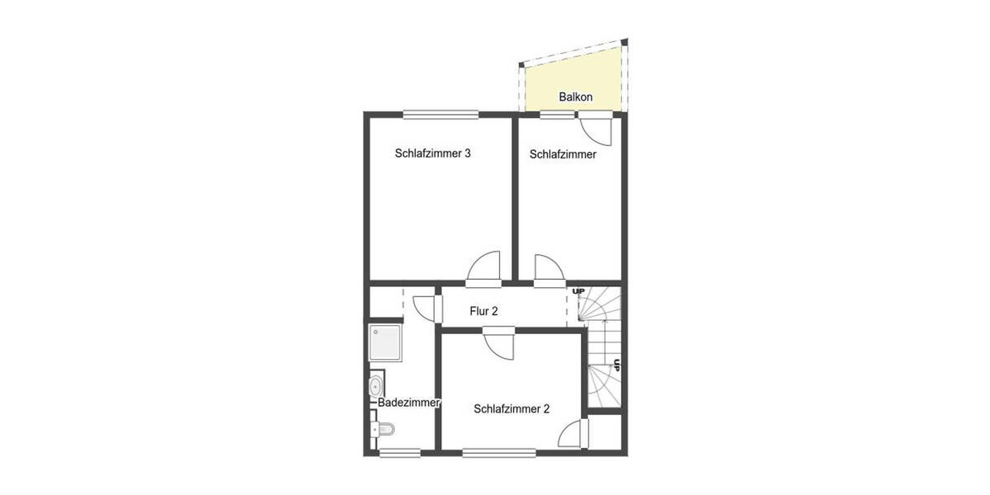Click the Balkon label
pyautogui.click(x=575, y=97)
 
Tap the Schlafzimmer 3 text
pyautogui.click(x=432, y=153)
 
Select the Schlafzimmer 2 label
pyautogui.click(x=511, y=408)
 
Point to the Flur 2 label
pyautogui.click(x=483, y=311)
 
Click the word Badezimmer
pyautogui.click(x=408, y=403)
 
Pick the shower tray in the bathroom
pyautogui.click(x=386, y=341)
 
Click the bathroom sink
pyautogui.click(x=376, y=385)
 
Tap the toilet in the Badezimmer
pyautogui.click(x=383, y=429)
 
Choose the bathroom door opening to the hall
pyautogui.click(x=424, y=308)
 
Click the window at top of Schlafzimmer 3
pyautogui.click(x=441, y=115)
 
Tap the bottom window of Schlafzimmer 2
pyautogui.click(x=498, y=451)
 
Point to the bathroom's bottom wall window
pyautogui.click(x=399, y=451)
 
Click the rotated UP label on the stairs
pyautogui.click(x=615, y=364)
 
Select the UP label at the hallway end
pyautogui.click(x=578, y=291)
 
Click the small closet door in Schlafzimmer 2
pyautogui.click(x=573, y=432)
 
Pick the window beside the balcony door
pyautogui.click(x=557, y=115)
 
